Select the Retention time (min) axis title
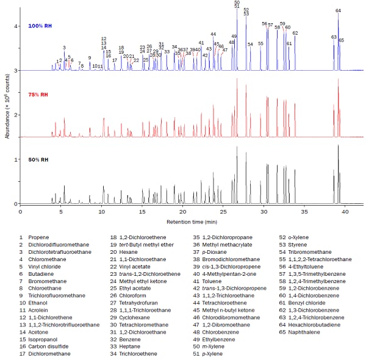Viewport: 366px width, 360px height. tap(192, 221)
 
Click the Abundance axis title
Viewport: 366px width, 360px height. tap(6, 106)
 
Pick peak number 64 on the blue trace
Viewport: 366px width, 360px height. tap(338, 10)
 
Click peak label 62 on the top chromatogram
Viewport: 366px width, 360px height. tap(295, 33)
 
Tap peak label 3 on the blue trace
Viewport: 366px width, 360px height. tap(64, 47)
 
